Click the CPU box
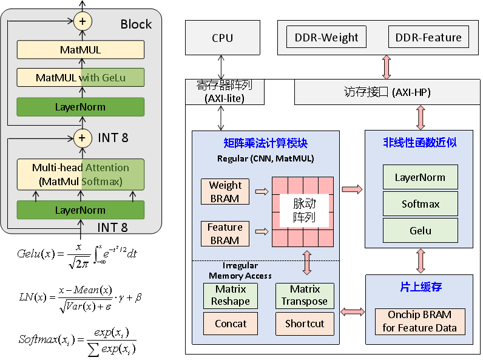coord(222,38)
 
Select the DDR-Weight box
coord(326,38)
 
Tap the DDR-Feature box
coord(428,38)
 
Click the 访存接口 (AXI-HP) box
coord(387,92)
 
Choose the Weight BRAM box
coord(225,192)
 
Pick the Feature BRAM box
coord(225,234)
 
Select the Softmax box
coord(421,204)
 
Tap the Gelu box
coord(421,231)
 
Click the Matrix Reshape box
coord(231,296)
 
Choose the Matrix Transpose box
coord(305,296)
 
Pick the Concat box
coord(231,324)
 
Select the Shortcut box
coord(305,324)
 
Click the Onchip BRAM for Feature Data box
coord(421,322)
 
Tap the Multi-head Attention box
coord(81,175)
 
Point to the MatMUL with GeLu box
coord(81,78)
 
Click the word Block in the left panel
coord(136,24)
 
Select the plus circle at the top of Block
coord(83,22)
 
